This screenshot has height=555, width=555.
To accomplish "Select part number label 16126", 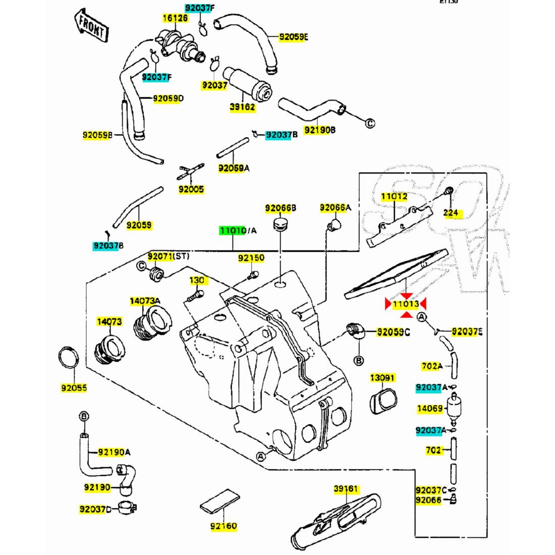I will (175, 18).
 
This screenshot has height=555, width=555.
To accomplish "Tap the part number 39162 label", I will (242, 107).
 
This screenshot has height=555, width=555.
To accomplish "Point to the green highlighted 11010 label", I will (232, 231).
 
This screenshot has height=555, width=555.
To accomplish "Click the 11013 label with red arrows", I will (406, 304).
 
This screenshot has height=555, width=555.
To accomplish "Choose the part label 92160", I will (224, 526).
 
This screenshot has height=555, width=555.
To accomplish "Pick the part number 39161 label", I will (346, 488).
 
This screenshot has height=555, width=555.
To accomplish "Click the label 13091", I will (382, 377).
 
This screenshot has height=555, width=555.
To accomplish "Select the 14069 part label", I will (429, 409).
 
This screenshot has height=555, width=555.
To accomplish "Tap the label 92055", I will (74, 388).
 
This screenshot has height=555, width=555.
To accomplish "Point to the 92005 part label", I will (191, 189).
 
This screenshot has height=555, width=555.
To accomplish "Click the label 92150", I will (251, 258).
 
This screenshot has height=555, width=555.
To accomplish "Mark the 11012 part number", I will (394, 197).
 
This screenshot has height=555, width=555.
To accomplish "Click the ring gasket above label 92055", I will (69, 358).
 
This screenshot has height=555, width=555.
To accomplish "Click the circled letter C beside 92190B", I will (370, 123).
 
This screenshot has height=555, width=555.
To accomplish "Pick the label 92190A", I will (114, 452).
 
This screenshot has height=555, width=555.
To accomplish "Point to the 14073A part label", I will (145, 301).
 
